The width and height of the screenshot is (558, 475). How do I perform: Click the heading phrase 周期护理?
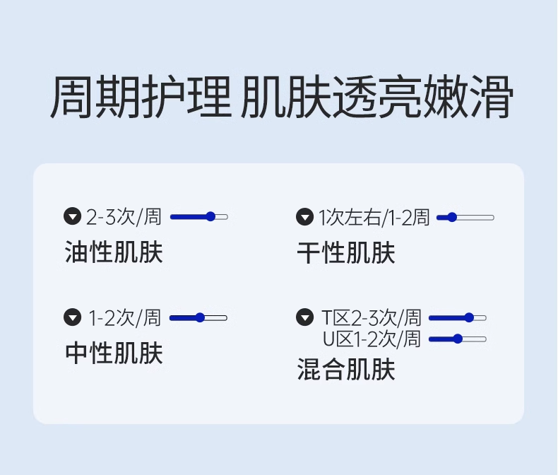tap(141, 99)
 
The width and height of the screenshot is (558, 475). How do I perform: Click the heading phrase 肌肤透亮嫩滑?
tap(376, 99)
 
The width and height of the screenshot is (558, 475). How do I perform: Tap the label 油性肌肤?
tap(114, 252)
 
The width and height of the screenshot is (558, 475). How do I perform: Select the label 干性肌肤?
tap(346, 252)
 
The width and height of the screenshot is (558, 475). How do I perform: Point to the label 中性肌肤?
tap(114, 353)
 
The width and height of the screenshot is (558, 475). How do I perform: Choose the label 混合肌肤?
tap(346, 369)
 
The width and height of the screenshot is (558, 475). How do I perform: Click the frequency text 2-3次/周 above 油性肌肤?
tap(124, 217)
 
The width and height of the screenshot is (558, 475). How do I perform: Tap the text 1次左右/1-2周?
tap(374, 217)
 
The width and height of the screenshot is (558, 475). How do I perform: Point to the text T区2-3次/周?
tap(372, 317)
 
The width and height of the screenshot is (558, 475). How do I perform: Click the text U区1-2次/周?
tap(372, 339)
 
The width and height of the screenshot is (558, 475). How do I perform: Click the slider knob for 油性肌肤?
tap(210, 216)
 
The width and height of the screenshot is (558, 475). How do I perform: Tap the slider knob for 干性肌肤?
tap(452, 217)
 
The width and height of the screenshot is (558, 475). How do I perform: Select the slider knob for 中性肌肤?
tap(200, 318)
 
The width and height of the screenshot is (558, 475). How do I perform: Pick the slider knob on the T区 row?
tap(469, 317)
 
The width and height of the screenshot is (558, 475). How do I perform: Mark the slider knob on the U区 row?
tap(458, 339)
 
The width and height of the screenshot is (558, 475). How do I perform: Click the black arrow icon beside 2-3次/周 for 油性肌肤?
tap(73, 217)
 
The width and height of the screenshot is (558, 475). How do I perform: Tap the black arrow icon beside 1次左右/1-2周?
tap(304, 217)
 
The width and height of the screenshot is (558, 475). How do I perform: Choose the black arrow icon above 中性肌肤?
tap(73, 317)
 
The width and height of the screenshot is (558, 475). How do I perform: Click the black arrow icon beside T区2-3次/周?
tap(304, 317)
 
